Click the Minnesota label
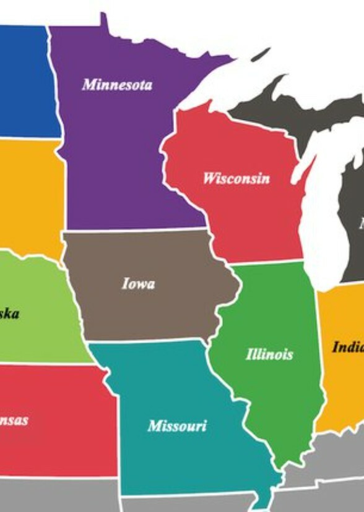coord(117,84)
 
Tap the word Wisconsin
coord(236,179)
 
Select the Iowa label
coord(138,284)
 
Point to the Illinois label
coord(269,354)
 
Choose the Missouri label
coord(177,426)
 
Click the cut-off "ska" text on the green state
coord(9,314)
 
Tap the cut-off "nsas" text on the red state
coord(14,420)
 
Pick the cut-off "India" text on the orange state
coord(347,347)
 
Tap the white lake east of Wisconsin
coord(322,216)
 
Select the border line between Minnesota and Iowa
coord(136,230)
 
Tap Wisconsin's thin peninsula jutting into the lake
coord(304,167)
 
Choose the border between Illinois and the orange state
coord(318,346)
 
